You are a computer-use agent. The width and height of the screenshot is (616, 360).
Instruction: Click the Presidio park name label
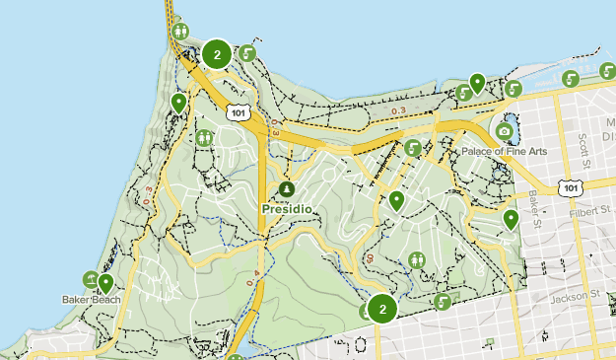click(286, 209)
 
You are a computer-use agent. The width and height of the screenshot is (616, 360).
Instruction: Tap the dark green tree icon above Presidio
click(286, 189)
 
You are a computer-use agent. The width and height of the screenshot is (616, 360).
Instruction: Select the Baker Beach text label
click(92, 299)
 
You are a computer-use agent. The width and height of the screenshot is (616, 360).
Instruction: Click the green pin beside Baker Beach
click(105, 284)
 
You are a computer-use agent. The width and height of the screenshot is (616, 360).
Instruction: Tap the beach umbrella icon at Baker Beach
click(90, 280)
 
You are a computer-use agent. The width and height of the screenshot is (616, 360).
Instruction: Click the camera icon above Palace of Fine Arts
click(505, 131)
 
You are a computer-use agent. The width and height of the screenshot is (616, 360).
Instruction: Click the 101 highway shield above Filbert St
click(570, 187)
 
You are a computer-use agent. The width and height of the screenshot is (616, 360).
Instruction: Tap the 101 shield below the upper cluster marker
click(237, 112)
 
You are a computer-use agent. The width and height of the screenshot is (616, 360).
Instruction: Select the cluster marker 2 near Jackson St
click(382, 309)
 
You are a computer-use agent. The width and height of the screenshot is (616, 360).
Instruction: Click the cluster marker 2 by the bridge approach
click(218, 54)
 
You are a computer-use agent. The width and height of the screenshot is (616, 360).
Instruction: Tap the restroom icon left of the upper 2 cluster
click(179, 31)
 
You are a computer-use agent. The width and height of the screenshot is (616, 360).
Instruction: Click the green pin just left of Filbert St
click(511, 219)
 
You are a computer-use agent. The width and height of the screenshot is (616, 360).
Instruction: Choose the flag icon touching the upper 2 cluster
click(248, 53)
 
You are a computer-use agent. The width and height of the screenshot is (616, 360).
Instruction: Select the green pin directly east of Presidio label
click(396, 201)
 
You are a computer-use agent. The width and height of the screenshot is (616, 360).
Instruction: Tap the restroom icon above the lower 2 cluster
click(418, 259)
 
